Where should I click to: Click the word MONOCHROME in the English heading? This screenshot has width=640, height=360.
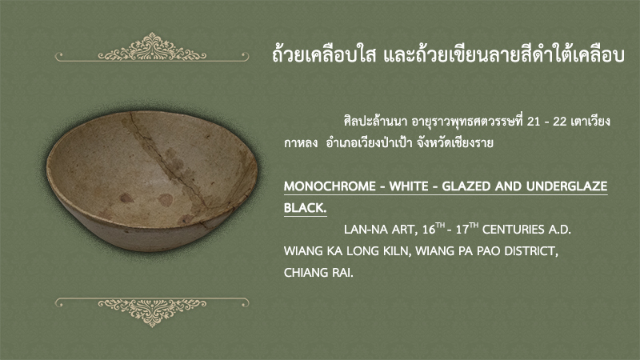330,186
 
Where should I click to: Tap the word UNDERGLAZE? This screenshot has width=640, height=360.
566,186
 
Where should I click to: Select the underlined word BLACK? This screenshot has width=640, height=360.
305,208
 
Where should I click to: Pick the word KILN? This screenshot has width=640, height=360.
396,250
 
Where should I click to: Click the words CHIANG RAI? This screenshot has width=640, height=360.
318,272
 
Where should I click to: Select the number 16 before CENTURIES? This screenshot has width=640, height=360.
429,230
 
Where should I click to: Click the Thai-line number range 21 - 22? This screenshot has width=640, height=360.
546,122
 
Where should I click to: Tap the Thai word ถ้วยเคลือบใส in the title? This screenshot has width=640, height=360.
324,55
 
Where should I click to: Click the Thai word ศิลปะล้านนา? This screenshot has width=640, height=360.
376,122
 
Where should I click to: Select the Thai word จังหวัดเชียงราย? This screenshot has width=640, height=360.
454,143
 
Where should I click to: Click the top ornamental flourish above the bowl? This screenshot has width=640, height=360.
152,47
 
